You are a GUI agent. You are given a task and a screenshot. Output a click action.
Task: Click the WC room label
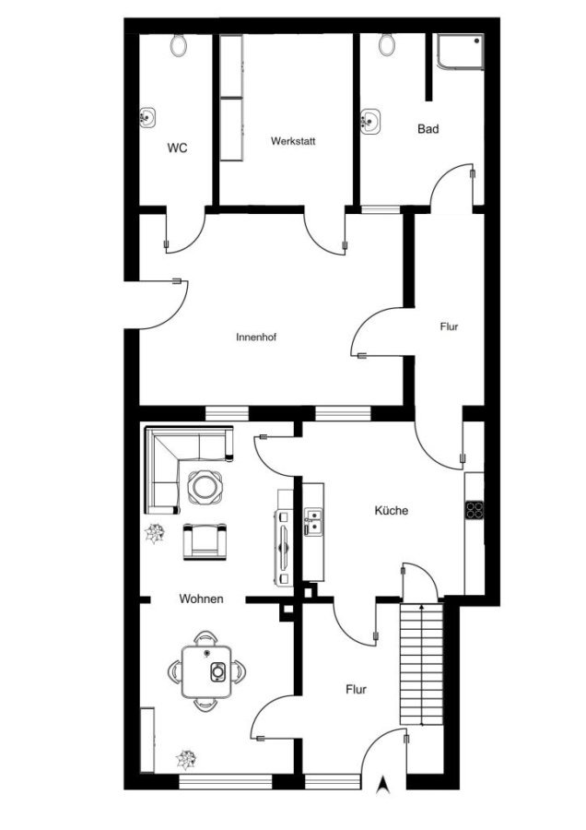[177, 148]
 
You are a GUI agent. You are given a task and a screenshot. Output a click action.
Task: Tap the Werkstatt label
[293, 141]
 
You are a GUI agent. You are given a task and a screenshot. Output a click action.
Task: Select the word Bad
[428, 128]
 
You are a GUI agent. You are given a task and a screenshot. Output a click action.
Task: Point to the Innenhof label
[256, 338]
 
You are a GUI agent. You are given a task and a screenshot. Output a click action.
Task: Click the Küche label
[392, 510]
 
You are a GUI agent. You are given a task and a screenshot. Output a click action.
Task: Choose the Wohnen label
[201, 599]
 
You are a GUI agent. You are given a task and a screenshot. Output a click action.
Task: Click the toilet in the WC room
[179, 44]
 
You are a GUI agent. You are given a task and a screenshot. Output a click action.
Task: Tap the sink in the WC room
[147, 117]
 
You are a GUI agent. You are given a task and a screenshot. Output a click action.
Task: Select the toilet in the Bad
[387, 44]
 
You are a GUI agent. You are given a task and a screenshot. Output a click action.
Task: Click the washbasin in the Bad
[370, 121]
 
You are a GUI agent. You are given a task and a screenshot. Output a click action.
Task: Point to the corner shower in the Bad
[461, 52]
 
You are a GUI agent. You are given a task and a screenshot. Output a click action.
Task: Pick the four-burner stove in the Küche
[475, 509]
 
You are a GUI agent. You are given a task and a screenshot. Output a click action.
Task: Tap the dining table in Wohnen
[206, 670]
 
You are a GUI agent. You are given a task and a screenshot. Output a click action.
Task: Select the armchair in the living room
[205, 540]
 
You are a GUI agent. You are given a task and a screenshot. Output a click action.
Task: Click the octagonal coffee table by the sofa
[205, 486]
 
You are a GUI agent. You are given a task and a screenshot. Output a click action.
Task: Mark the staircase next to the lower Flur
[421, 664]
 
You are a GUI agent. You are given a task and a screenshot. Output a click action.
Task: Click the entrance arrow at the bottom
[383, 784]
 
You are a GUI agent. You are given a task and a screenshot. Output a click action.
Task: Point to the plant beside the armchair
[156, 533]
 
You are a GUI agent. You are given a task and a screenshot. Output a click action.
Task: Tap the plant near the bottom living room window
[186, 760]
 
